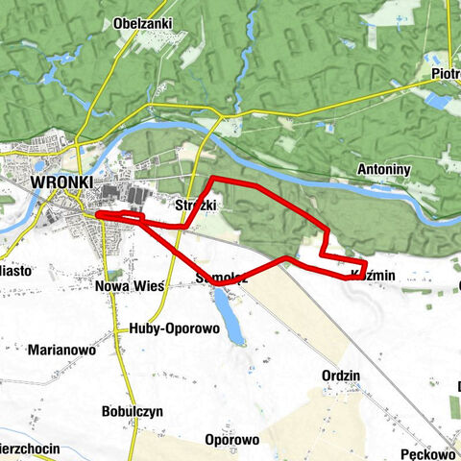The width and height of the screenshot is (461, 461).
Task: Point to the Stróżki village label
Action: pyautogui.click(x=197, y=206)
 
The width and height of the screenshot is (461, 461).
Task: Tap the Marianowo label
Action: pyautogui.click(x=61, y=351)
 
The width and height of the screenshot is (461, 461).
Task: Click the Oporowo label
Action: pyautogui.click(x=231, y=440)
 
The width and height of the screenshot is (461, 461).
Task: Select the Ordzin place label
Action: pyautogui.click(x=341, y=376)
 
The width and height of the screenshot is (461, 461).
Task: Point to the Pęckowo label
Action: pyautogui.click(x=427, y=453)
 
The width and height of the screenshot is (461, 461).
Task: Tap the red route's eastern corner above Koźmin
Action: pyautogui.click(x=365, y=262)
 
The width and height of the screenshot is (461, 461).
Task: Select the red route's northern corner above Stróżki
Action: pyautogui.click(x=213, y=180)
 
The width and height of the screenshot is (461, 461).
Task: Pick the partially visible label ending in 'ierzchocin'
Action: pyautogui.click(x=33, y=449)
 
